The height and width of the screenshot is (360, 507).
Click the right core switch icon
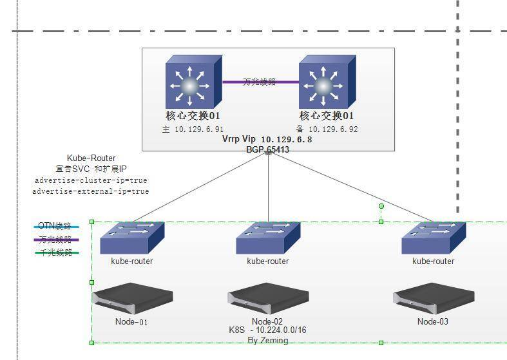pos(326,82)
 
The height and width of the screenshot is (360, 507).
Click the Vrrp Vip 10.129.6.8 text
pos(267,139)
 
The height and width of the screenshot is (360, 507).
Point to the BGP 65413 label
pos(267,149)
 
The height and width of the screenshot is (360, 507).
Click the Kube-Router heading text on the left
pos(91,158)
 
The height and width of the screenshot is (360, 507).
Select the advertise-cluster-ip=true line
pos(91,180)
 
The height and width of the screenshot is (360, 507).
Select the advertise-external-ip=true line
pos(91,191)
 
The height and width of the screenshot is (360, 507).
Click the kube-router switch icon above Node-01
pos(132,238)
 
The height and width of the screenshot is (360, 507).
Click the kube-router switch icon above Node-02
pos(268,238)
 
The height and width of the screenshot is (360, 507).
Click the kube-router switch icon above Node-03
pos(434,238)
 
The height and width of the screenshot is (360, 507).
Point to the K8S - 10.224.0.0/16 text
pos(268,330)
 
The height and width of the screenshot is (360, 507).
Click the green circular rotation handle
pos(381,206)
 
